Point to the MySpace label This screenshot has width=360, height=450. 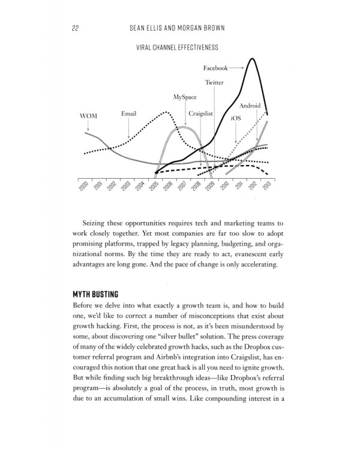point(185,96)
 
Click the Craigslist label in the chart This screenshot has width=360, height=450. point(201,112)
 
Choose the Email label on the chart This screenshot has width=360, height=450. point(128,112)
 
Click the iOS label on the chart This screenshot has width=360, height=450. point(236,119)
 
